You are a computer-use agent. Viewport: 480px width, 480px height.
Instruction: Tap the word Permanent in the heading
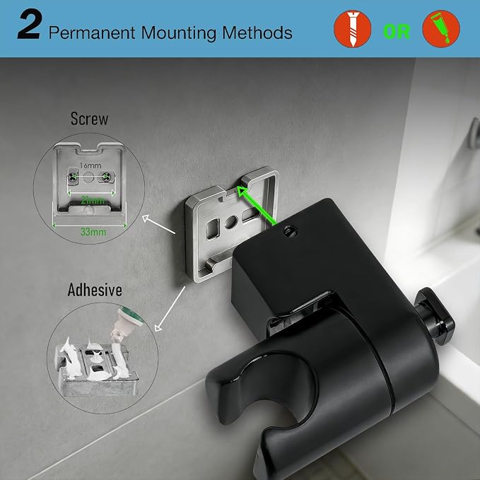[91, 33]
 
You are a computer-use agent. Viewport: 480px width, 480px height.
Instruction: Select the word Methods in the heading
[257, 33]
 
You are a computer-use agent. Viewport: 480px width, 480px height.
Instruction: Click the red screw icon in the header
[352, 29]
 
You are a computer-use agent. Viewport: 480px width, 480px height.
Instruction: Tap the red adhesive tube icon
[441, 29]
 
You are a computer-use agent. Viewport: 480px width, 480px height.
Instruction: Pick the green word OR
[397, 32]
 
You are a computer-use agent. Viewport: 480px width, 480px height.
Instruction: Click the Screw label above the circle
[89, 119]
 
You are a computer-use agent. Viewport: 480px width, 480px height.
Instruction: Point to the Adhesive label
[95, 290]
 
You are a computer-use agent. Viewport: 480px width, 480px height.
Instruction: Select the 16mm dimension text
[90, 165]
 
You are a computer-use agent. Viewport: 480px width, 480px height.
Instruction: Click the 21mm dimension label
[93, 200]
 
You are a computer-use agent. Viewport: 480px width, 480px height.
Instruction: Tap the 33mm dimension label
[93, 232]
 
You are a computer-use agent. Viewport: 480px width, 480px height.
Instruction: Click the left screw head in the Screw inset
[73, 176]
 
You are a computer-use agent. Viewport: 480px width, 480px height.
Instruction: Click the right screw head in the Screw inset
[106, 176]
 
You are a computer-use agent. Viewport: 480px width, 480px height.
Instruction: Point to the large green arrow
[257, 206]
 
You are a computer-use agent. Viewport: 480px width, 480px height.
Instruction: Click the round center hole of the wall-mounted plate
[231, 222]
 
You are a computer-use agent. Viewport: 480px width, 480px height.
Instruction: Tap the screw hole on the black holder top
[291, 231]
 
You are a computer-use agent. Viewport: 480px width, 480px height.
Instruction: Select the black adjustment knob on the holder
[435, 316]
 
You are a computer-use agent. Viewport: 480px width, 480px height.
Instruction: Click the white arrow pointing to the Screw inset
[158, 224]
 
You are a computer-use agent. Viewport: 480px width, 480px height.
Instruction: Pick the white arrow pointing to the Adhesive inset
[170, 309]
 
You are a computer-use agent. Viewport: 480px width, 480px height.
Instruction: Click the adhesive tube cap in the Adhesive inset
[130, 317]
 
